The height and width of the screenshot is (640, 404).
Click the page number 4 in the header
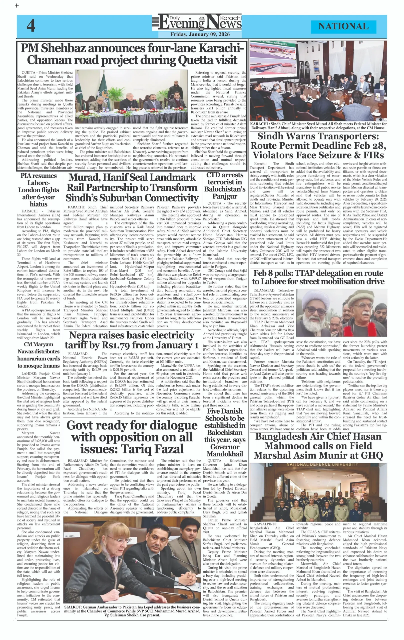click(x=31, y=26)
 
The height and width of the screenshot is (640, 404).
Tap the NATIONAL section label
click(x=343, y=26)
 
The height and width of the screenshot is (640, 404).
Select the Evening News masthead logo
click(x=197, y=22)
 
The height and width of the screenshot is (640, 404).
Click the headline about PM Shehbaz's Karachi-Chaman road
click(x=132, y=54)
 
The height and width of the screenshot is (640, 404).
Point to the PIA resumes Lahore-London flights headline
click(x=38, y=190)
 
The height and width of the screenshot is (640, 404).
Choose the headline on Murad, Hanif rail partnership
click(x=132, y=188)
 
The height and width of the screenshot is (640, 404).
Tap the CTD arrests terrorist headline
click(x=225, y=185)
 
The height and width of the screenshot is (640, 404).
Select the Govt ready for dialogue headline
click(x=132, y=437)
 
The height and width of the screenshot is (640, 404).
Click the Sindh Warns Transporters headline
click(x=318, y=146)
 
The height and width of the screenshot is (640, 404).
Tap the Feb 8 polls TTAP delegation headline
click(x=318, y=277)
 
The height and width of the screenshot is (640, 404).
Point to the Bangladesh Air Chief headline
click(x=318, y=446)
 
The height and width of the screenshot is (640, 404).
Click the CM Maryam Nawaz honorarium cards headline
click(x=38, y=355)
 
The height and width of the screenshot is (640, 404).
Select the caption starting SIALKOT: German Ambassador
click(x=132, y=611)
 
